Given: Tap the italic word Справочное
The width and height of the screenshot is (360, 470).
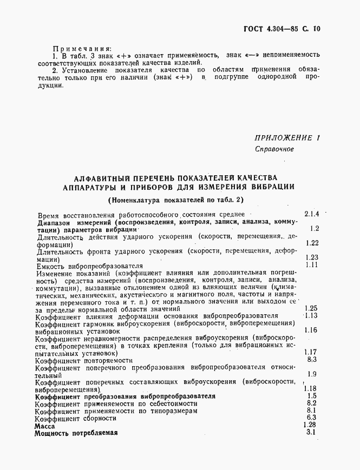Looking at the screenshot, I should (x=274, y=149).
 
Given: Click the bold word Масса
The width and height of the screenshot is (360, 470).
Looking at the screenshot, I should (x=45, y=426).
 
